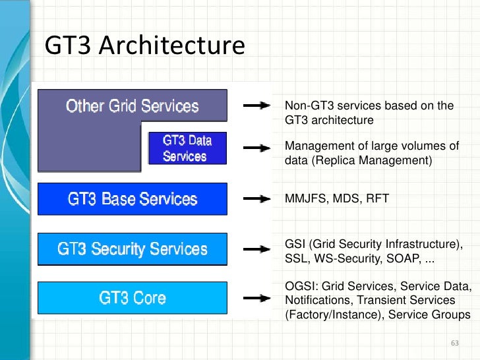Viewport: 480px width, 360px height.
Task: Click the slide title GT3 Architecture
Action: [x=144, y=46]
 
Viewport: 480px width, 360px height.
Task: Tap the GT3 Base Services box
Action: [x=133, y=199]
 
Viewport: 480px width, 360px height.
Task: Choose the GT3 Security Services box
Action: [x=133, y=249]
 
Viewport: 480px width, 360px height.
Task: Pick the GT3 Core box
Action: [x=133, y=298]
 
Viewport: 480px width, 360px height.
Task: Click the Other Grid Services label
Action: [x=132, y=106]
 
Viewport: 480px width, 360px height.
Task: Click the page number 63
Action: [x=454, y=344]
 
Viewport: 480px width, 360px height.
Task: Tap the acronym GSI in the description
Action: [x=295, y=243]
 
